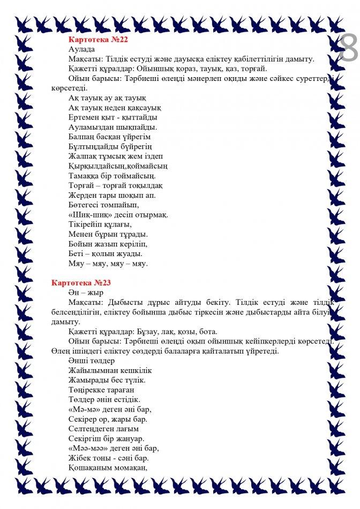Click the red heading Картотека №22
[x=98, y=40]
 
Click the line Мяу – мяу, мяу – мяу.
[x=108, y=263]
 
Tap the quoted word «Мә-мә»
[x=83, y=409]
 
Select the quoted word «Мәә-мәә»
[x=87, y=448]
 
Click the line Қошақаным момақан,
[x=108, y=467]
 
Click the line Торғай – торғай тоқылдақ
[x=116, y=185]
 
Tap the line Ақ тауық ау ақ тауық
[x=107, y=98]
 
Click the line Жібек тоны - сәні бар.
[x=109, y=458]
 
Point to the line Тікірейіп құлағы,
[x=100, y=224]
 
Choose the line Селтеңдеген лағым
[x=104, y=429]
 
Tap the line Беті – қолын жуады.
[x=105, y=253]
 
